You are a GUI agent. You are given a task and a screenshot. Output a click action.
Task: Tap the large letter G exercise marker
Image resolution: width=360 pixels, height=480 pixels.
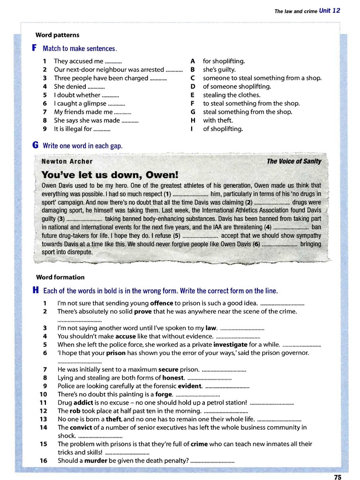click(x=35, y=145)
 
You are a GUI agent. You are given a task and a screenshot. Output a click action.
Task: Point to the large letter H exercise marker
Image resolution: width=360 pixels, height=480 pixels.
click(x=35, y=290)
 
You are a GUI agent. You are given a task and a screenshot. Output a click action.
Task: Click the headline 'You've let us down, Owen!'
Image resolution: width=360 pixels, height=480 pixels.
click(x=110, y=175)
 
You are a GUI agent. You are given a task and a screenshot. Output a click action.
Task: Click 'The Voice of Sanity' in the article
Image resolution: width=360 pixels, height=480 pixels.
click(x=294, y=161)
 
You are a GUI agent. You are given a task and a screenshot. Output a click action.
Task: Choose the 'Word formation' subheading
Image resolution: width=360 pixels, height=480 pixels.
click(x=60, y=277)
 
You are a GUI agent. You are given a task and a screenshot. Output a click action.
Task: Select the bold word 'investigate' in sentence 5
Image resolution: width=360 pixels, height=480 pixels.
click(x=230, y=345)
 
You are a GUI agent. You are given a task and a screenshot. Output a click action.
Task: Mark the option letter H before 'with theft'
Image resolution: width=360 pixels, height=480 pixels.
click(x=193, y=120)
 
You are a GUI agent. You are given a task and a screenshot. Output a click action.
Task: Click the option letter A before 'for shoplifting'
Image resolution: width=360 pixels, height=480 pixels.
click(x=193, y=61)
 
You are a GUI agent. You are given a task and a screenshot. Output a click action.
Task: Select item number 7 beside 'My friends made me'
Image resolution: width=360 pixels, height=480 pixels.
click(x=45, y=112)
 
